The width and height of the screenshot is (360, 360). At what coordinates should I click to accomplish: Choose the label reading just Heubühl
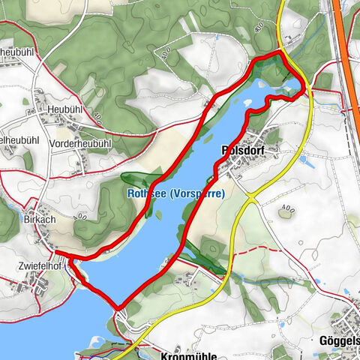tap(64, 109)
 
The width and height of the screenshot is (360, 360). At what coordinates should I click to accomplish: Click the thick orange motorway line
tap(343, 45)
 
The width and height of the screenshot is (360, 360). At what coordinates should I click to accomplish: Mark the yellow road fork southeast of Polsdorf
tap(249, 199)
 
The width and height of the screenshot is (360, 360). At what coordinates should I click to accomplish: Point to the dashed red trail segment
tap(330, 93)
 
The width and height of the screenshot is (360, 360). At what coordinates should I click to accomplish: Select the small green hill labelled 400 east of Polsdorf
tap(286, 211)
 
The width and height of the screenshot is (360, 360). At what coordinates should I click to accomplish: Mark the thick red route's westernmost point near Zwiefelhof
tap(70, 260)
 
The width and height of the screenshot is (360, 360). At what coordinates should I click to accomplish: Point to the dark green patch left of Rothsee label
tap(135, 181)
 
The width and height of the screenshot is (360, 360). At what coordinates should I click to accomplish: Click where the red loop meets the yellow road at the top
tap(282, 52)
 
